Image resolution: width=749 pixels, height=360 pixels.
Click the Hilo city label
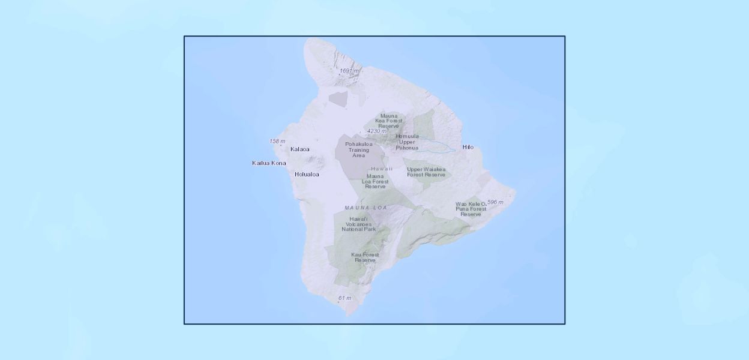468,147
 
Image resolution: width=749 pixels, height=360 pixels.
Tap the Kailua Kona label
269,163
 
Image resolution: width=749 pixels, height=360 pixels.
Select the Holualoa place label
307,175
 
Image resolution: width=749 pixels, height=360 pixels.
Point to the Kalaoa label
299,149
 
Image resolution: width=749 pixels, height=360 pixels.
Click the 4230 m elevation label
377,131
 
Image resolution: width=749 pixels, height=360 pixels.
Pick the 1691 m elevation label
349,71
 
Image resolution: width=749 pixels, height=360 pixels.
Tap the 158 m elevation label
277,142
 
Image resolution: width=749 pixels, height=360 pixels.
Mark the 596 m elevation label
495,202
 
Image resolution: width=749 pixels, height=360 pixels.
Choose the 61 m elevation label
344,298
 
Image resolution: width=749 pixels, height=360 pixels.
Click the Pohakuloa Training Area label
358,150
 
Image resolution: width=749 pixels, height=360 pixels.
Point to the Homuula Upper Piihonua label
407,142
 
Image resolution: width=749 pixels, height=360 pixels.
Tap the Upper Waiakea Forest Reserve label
426,172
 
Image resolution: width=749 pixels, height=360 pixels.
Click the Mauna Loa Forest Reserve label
375,181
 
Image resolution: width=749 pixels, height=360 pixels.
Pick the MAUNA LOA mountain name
365,208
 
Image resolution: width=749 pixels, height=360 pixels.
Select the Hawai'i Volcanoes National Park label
358,224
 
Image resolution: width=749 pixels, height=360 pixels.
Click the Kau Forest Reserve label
365,257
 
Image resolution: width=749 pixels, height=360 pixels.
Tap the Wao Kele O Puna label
471,209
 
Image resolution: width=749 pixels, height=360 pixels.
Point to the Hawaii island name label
382,169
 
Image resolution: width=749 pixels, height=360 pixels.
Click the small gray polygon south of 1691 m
337,99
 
